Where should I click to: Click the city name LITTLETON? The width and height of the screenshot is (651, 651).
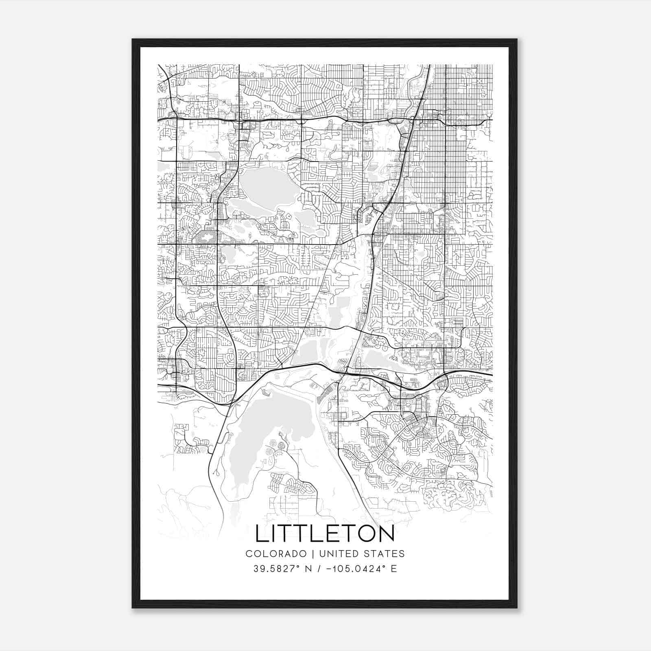click(325, 533)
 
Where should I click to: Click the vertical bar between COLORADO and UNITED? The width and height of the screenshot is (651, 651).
click(313, 554)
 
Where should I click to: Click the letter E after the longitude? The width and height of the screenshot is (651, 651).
click(393, 569)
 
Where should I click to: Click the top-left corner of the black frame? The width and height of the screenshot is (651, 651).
click(133, 39)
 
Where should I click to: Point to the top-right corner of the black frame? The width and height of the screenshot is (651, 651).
click(517, 39)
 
